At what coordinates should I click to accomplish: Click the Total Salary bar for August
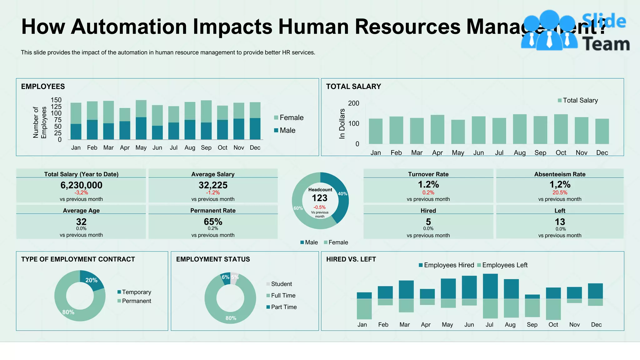pos(520,129)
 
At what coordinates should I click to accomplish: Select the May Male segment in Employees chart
pos(141,128)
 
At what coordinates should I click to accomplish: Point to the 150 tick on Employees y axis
pos(56,100)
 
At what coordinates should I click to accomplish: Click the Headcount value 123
pos(319,198)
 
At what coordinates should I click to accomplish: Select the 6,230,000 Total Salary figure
pos(81,185)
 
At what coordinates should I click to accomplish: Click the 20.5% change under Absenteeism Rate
pos(560,192)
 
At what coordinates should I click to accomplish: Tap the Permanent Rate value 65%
pos(213,222)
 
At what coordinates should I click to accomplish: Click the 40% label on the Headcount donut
pos(342,194)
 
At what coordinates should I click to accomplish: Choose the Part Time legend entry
pos(283,307)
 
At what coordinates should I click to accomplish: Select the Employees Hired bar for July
pos(490,286)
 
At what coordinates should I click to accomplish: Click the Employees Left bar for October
pos(553,309)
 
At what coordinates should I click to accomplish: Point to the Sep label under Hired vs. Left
pos(532,325)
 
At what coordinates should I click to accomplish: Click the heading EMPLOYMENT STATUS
pos(213,259)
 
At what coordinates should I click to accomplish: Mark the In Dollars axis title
pos(342,124)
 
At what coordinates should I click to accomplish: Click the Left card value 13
pos(560,222)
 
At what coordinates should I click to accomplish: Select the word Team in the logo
pos(606,44)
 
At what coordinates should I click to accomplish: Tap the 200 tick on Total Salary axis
pos(353,103)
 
